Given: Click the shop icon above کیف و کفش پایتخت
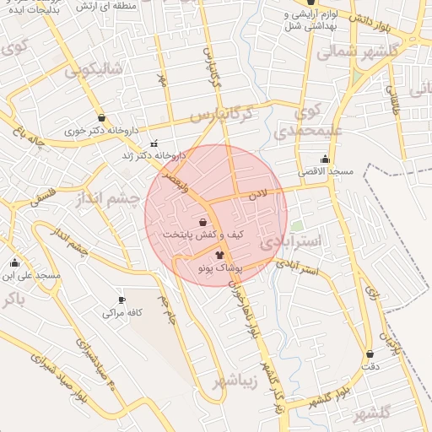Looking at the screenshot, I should pyautogui.click(x=202, y=222).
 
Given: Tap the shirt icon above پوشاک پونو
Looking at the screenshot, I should pyautogui.click(x=219, y=254).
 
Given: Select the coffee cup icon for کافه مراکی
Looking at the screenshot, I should pyautogui.click(x=121, y=300).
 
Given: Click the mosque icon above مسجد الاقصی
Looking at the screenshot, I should pyautogui.click(x=325, y=159).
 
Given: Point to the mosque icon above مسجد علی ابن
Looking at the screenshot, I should pyautogui.click(x=14, y=262).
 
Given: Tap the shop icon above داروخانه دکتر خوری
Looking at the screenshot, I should pyautogui.click(x=102, y=118).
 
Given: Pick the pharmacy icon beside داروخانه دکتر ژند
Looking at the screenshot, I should pyautogui.click(x=154, y=143).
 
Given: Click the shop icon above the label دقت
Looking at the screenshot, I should pyautogui.click(x=370, y=354).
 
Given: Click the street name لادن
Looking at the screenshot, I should pyautogui.click(x=256, y=195).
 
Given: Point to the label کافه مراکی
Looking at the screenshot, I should pyautogui.click(x=121, y=312).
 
